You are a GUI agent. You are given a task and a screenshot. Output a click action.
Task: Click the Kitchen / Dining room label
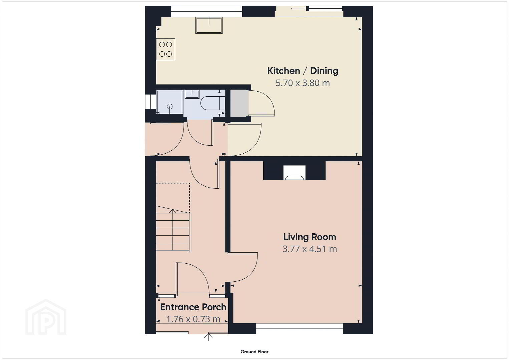tap(303, 71)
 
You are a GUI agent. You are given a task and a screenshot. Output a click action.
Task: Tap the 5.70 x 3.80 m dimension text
tap(303, 83)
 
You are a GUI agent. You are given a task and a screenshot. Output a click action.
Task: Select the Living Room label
tap(310, 237)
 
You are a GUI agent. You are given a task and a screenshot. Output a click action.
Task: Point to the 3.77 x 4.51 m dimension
tap(310, 249)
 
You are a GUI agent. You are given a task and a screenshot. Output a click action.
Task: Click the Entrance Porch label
tap(193, 307)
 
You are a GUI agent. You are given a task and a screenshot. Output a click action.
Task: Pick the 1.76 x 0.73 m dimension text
tap(193, 319)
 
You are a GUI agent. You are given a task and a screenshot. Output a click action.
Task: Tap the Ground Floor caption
tap(255, 352)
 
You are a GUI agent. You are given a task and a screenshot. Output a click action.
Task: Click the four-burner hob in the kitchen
tap(165, 49)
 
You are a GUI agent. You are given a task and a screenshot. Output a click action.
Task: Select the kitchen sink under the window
tap(209, 25)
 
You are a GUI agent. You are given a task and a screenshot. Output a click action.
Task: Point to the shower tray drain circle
tap(170, 106)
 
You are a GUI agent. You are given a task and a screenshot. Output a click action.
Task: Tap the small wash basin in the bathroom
tap(192, 94)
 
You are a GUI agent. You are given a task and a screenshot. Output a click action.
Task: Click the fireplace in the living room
tap(294, 173)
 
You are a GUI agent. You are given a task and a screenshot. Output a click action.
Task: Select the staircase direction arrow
tap(172, 229)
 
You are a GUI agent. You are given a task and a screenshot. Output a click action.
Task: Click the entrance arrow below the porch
tap(208, 337)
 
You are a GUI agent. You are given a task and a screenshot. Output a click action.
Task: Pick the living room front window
tap(300, 329)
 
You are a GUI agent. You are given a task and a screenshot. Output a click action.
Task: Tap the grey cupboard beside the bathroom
tap(239, 104)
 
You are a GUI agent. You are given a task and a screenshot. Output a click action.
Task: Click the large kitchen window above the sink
tap(206, 11)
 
